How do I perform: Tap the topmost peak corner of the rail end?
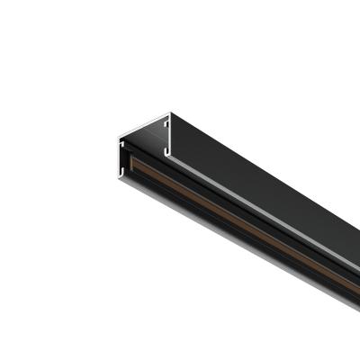169,113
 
